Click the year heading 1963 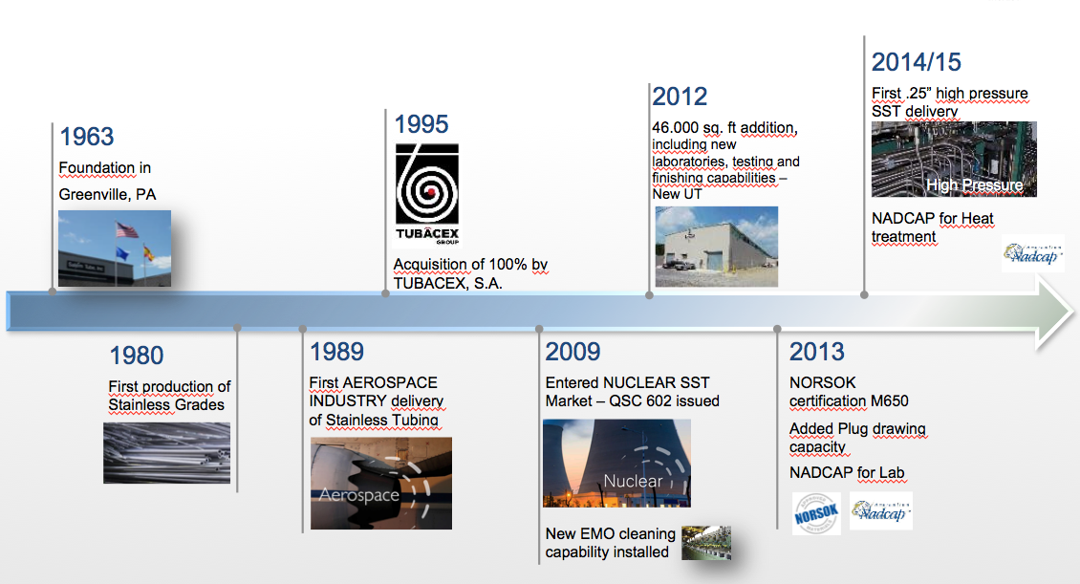click(x=87, y=137)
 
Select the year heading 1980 click(x=137, y=356)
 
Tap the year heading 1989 click(x=336, y=352)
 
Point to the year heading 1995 click(x=421, y=124)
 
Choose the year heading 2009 click(x=573, y=352)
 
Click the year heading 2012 click(x=680, y=97)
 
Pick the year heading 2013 click(x=817, y=352)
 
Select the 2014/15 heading click(x=916, y=62)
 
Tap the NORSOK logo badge click(x=816, y=514)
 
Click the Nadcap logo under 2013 click(x=881, y=511)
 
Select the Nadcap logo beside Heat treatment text click(x=1032, y=253)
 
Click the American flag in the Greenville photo click(x=127, y=230)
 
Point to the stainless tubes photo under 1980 click(x=166, y=453)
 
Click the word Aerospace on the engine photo click(x=359, y=494)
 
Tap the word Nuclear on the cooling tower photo click(x=633, y=481)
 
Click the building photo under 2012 click(x=716, y=247)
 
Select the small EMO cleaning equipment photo click(x=706, y=543)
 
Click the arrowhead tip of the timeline click(x=1071, y=312)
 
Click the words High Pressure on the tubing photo click(x=975, y=185)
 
